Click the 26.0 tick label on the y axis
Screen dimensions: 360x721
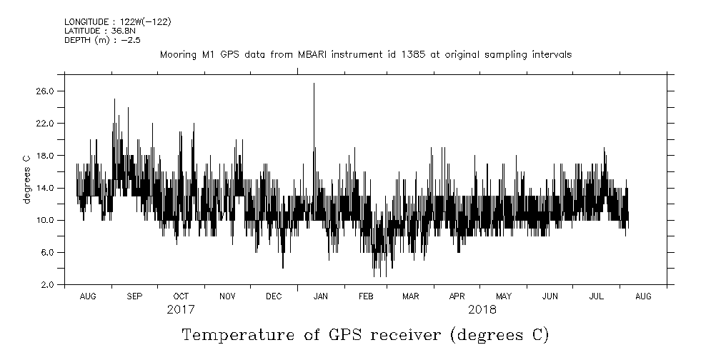46,91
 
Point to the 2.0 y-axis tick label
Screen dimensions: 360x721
48,285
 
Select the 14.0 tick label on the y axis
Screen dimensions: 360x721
46,188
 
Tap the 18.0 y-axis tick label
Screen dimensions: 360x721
46,156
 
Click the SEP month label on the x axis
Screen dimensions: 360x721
134,296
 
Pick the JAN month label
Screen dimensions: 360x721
321,296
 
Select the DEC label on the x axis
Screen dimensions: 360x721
274,296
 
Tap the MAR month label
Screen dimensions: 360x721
410,296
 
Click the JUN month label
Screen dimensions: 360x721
550,296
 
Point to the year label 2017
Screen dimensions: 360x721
180,311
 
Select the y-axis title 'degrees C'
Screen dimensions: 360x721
26,179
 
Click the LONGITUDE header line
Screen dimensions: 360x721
117,22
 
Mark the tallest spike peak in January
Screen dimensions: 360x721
314,84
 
